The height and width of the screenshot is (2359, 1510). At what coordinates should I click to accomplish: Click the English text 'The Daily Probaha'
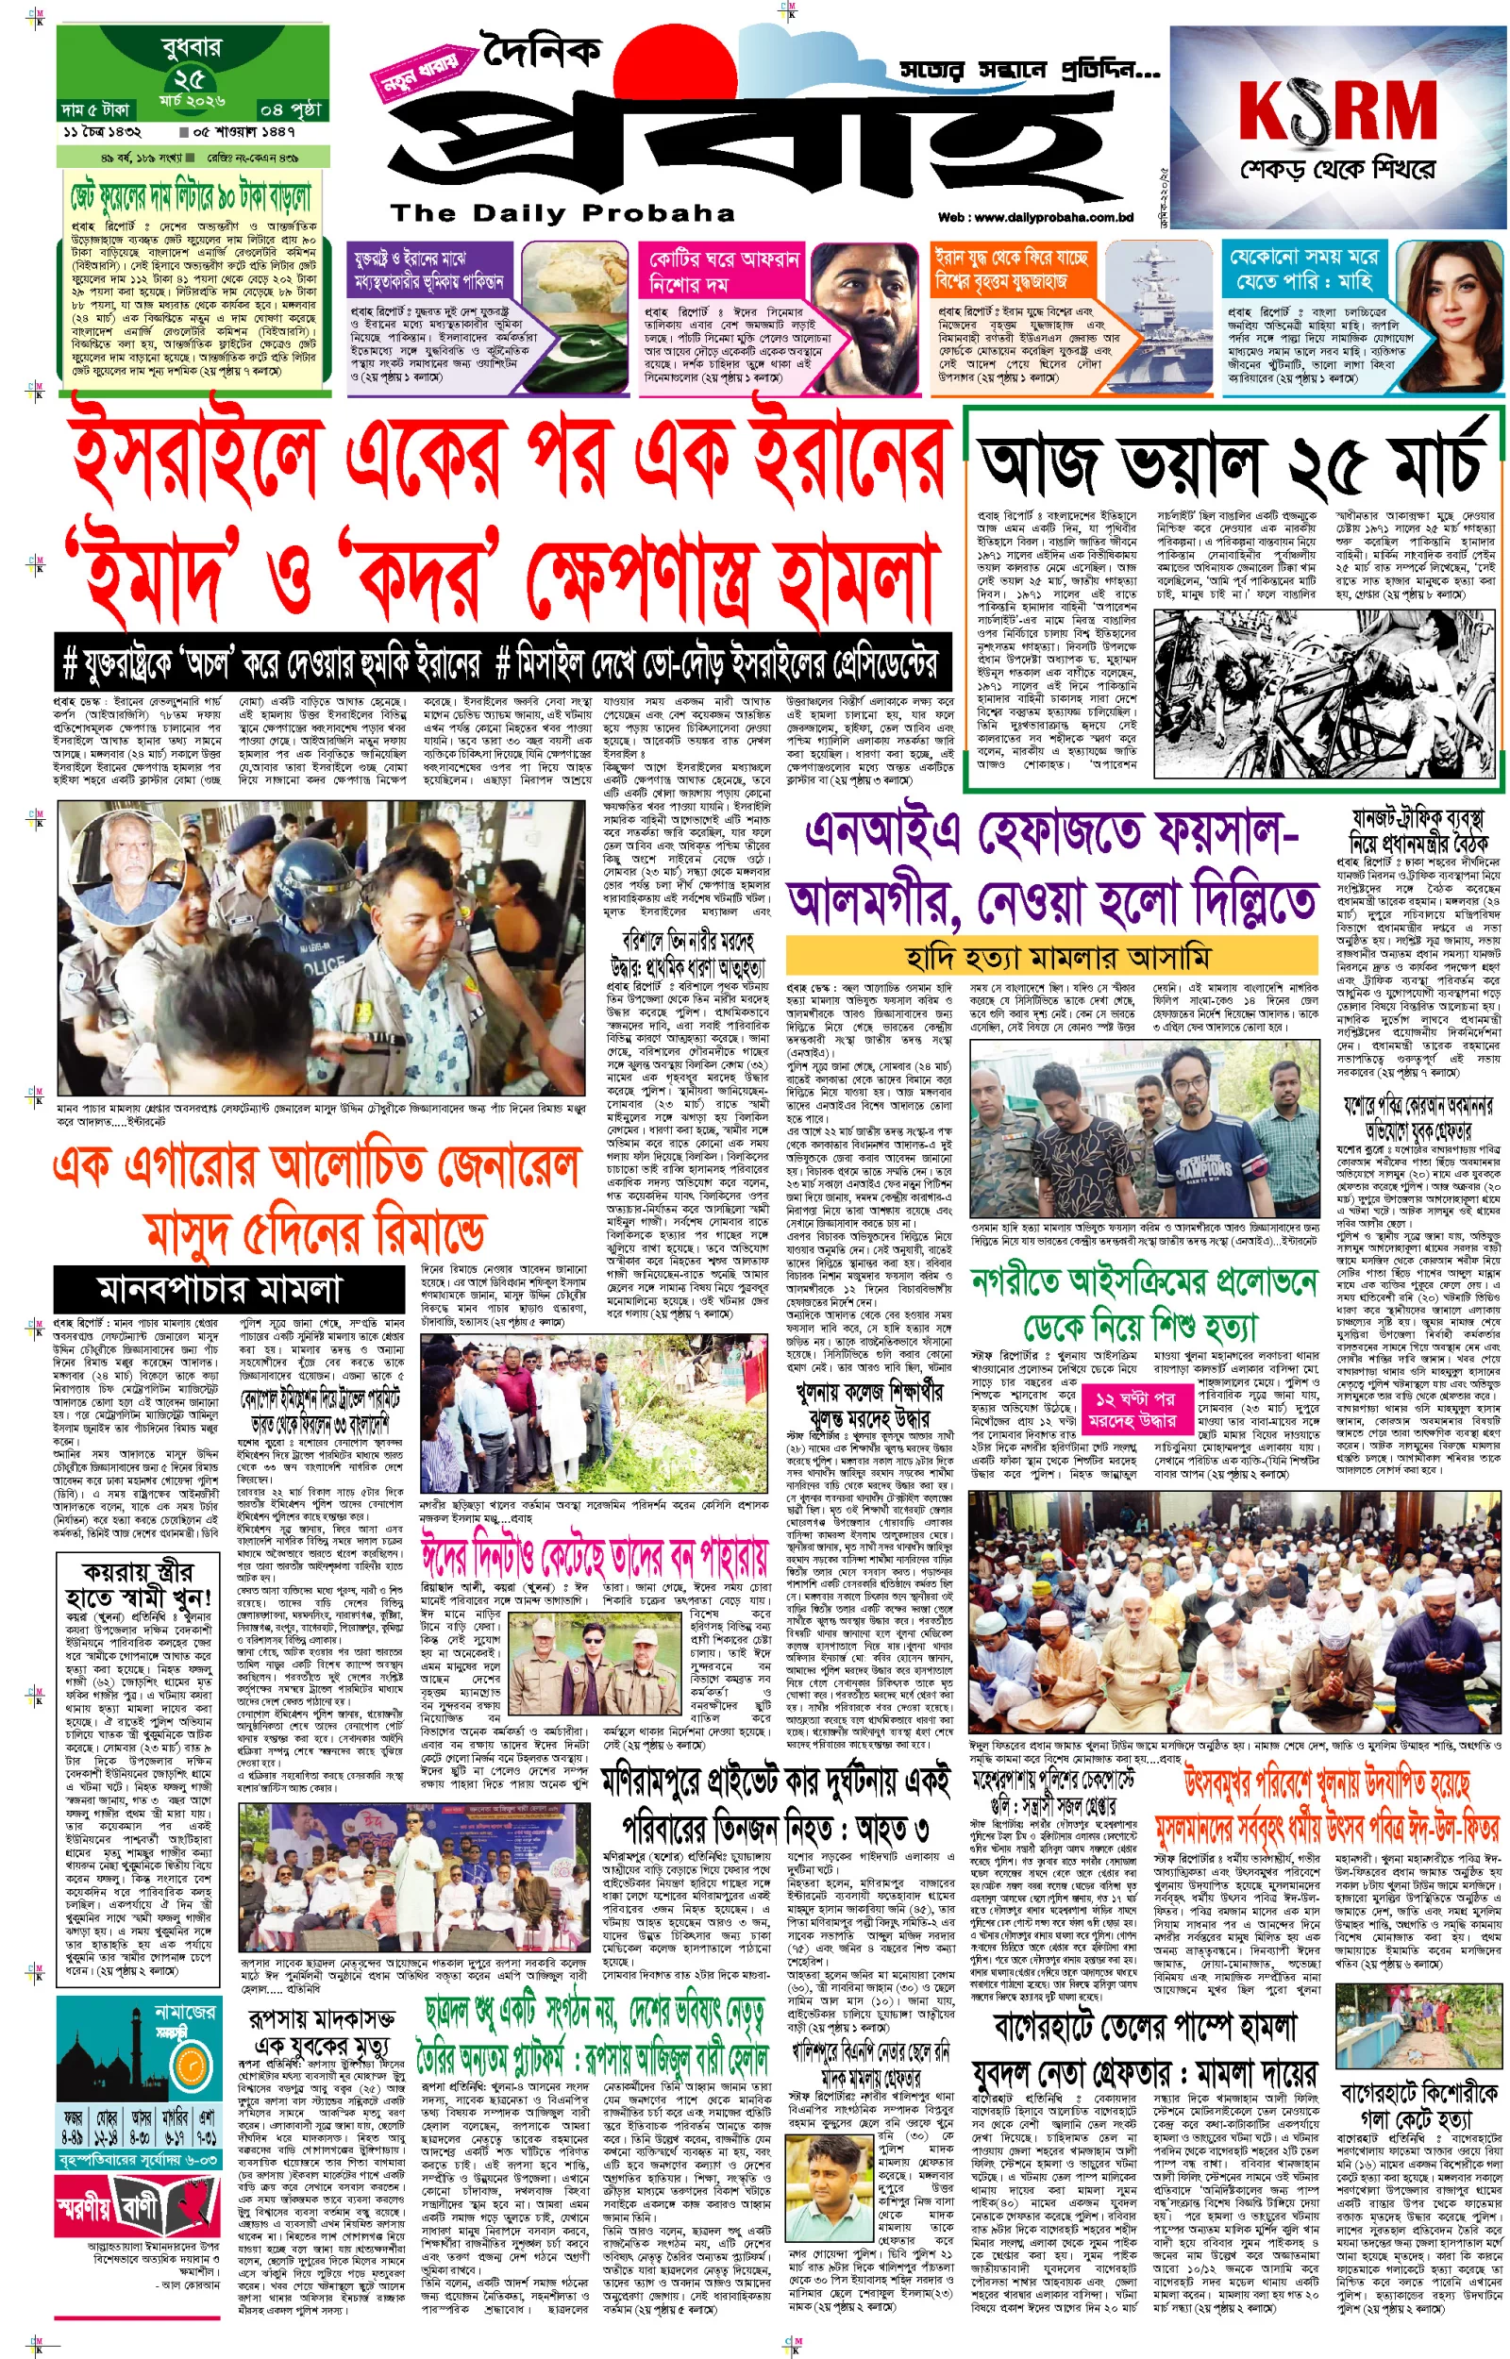point(562,213)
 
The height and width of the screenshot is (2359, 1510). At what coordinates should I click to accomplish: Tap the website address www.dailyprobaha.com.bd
point(1034,218)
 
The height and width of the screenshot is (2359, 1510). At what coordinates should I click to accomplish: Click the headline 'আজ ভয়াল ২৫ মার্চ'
point(1231,461)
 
